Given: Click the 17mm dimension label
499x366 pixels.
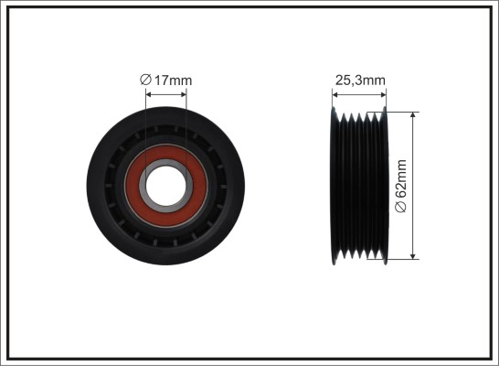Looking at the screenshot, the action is point(173,81).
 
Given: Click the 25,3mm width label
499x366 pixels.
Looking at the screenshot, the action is point(360,81).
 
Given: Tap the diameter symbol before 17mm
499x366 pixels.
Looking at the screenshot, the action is point(145,80).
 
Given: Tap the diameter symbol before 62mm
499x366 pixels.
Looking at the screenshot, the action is point(401,207).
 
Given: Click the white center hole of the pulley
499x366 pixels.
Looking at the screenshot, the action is point(165,186).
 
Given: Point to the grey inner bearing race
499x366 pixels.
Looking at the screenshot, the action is point(165,163).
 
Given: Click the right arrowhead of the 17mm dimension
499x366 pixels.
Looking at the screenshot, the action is point(183,94).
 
